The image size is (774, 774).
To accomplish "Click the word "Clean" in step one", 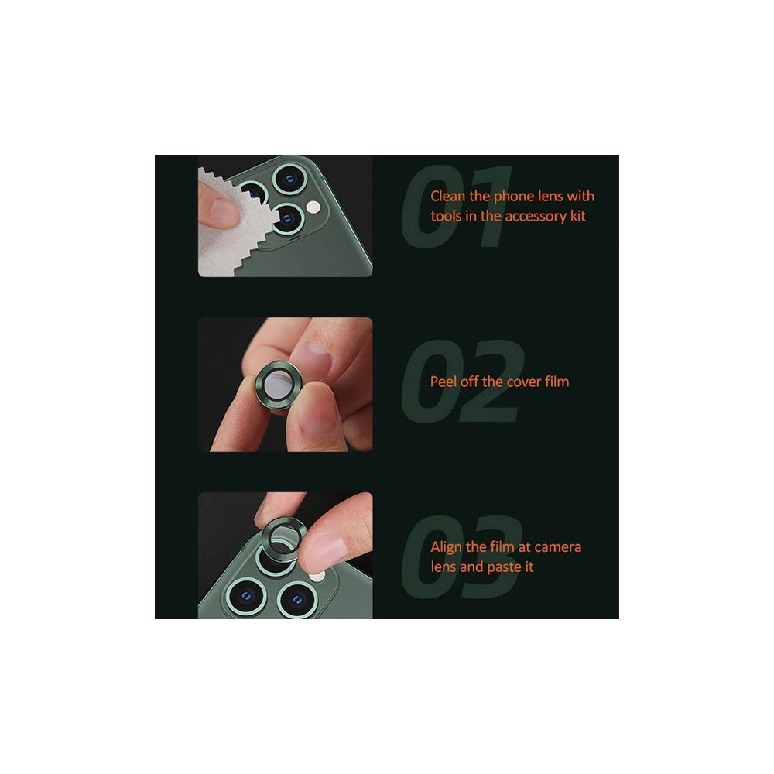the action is click(x=447, y=196).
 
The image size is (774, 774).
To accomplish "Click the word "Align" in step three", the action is click(x=447, y=547).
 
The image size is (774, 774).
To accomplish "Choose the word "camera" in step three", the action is click(x=558, y=547).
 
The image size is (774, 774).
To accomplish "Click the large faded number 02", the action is click(x=463, y=381).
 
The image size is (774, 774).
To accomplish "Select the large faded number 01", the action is click(x=457, y=207).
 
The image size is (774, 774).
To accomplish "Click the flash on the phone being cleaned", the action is click(x=313, y=207).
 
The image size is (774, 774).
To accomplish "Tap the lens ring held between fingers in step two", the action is click(x=279, y=384).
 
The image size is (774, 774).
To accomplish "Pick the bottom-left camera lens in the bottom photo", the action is click(x=246, y=597).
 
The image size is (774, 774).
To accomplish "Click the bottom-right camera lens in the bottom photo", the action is click(x=296, y=600).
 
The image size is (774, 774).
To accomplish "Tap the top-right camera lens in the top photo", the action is click(x=289, y=180).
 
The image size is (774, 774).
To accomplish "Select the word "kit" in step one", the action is click(x=577, y=216).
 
